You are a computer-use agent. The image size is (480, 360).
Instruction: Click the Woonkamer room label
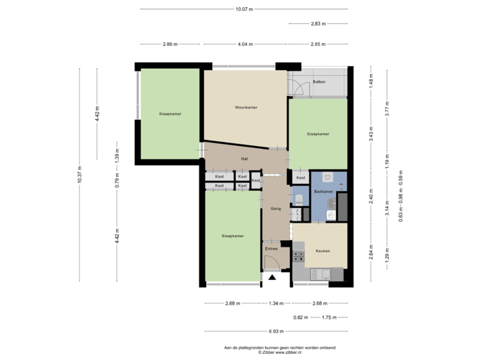pyautogui.click(x=246, y=107)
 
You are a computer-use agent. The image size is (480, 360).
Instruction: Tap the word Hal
pyautogui.click(x=244, y=159)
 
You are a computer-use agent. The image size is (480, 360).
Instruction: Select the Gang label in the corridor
pyautogui.click(x=275, y=209)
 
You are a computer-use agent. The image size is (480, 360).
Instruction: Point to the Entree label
pyautogui.click(x=271, y=249)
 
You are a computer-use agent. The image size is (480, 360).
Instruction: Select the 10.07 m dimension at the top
pyautogui.click(x=244, y=9)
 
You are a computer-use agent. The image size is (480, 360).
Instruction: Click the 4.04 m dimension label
pyautogui.click(x=245, y=44)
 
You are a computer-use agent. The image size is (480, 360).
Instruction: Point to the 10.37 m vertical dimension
pyautogui.click(x=79, y=175)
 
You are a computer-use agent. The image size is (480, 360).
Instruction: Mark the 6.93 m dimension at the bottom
pyautogui.click(x=276, y=331)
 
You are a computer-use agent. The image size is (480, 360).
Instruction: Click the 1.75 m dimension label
pyautogui.click(x=329, y=317)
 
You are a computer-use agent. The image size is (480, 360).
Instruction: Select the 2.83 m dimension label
pyautogui.click(x=318, y=24)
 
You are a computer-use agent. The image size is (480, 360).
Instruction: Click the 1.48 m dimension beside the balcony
pyautogui.click(x=371, y=81)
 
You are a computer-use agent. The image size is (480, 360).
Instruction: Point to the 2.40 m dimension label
pyautogui.click(x=371, y=197)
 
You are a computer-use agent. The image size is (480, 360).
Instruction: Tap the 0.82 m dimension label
pyautogui.click(x=301, y=317)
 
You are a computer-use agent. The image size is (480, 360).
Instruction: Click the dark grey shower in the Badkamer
pyautogui.click(x=343, y=207)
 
